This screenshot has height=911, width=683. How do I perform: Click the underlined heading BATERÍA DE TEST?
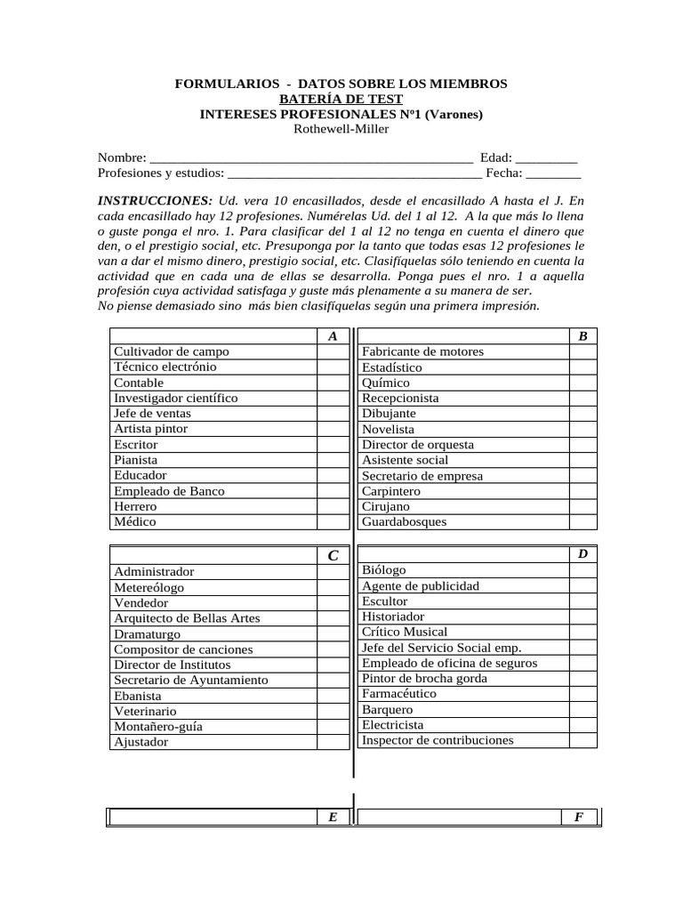point(341,99)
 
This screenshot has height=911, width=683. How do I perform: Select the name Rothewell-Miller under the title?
point(341,129)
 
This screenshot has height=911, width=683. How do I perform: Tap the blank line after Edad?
point(546,158)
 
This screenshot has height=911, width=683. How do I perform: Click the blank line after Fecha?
point(554,173)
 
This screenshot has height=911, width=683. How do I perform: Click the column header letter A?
point(333,336)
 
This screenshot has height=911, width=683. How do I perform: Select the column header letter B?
point(583,336)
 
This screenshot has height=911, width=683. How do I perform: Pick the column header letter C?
point(333,555)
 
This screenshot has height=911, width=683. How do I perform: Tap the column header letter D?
point(583,553)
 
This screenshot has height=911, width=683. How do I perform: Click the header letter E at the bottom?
point(333,817)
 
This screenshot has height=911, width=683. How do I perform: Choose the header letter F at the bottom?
point(579,817)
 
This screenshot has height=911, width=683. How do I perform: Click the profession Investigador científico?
point(175,398)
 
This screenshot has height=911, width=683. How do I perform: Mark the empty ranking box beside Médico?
point(332,521)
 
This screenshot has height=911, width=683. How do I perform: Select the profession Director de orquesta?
point(418,444)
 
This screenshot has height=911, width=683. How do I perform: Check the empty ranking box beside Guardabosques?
point(583,521)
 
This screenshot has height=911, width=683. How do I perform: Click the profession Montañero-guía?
point(158,726)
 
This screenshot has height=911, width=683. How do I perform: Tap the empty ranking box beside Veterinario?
point(332,711)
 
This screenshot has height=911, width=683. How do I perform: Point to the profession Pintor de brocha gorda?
point(424,678)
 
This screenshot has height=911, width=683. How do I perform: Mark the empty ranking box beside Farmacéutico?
point(583,693)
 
